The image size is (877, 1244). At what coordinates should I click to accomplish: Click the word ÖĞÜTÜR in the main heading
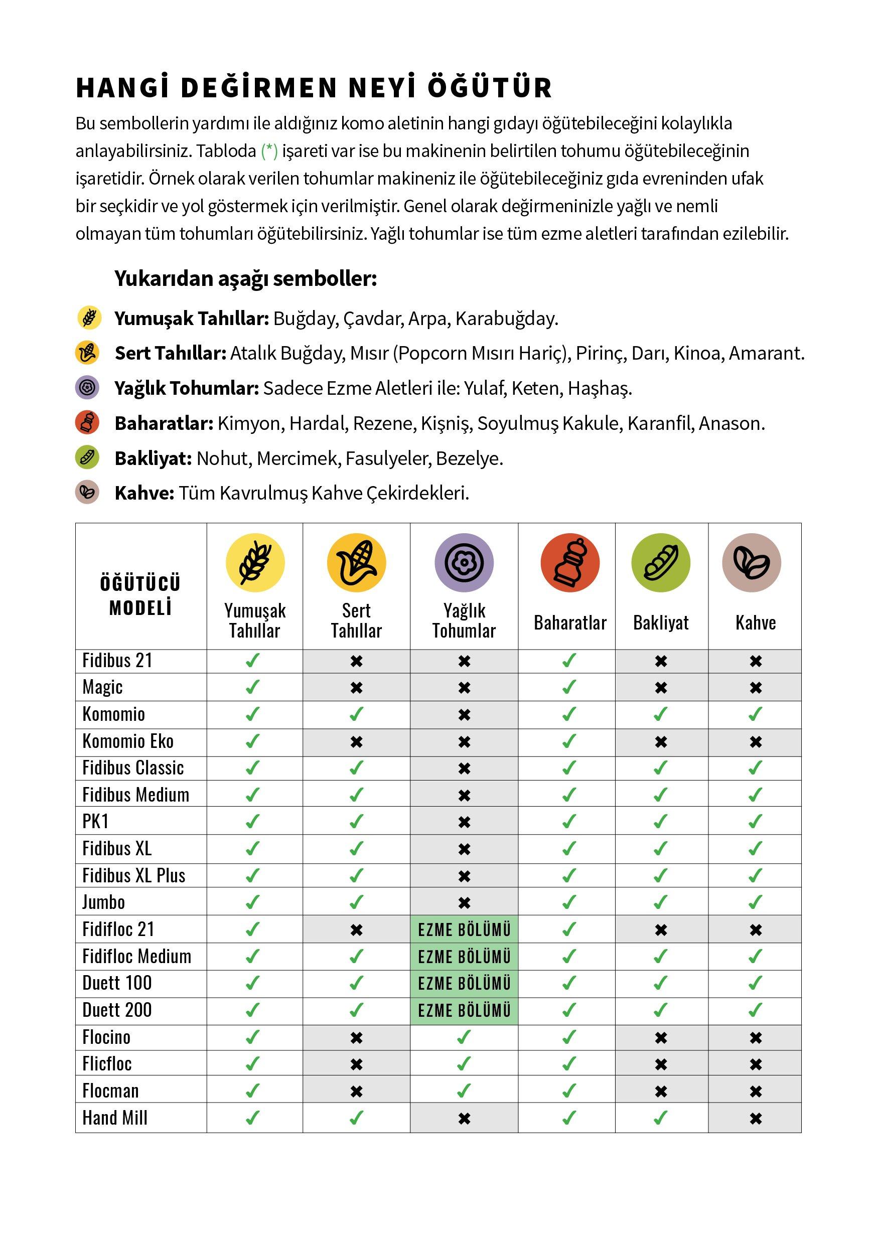(x=490, y=88)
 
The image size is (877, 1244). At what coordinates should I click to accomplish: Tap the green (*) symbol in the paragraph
(x=269, y=150)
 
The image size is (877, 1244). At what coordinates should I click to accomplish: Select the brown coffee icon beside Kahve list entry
(x=87, y=492)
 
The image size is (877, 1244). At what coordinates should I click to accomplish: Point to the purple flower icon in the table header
(x=464, y=562)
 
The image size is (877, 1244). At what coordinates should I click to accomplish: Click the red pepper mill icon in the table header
(x=570, y=562)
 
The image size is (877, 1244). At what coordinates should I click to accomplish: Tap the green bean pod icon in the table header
(x=661, y=562)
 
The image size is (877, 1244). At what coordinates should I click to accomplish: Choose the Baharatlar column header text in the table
(x=570, y=623)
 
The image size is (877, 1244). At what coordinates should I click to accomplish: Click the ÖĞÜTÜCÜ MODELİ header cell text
(x=140, y=595)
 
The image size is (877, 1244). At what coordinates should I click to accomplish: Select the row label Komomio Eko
(x=128, y=741)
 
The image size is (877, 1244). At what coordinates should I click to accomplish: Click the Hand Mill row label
(x=115, y=1118)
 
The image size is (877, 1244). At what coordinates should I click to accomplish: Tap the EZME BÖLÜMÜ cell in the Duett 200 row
(x=464, y=1010)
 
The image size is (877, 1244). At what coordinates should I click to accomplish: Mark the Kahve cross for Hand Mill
(x=756, y=1118)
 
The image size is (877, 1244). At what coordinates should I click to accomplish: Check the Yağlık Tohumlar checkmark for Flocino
(x=464, y=1037)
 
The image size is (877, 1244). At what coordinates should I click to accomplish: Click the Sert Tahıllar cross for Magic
(x=356, y=688)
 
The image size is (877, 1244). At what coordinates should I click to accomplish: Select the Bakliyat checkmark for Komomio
(x=661, y=714)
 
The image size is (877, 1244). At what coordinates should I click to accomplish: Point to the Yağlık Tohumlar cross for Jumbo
(x=464, y=903)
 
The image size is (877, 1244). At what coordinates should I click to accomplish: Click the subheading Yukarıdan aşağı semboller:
(x=245, y=278)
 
